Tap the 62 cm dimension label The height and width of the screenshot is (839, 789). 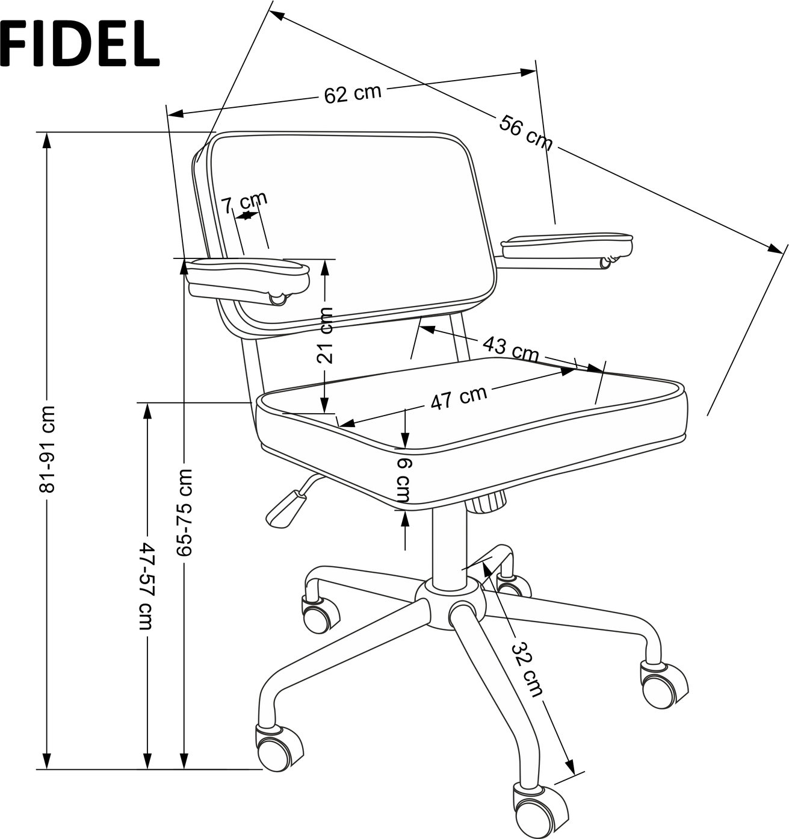click(353, 94)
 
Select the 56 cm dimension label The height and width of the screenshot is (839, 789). click(525, 133)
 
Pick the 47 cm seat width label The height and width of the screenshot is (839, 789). click(459, 398)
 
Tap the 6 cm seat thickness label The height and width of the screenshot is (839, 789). click(404, 481)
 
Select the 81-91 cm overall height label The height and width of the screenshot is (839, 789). click(47, 449)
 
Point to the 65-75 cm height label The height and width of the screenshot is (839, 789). click(184, 512)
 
